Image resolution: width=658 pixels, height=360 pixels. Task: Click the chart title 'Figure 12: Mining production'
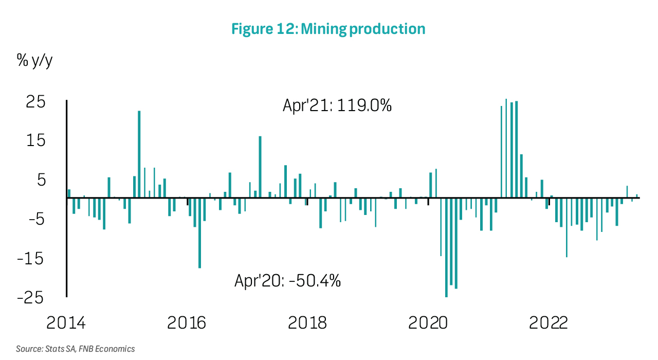[328, 29]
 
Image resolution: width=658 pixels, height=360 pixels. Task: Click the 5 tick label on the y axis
[40, 180]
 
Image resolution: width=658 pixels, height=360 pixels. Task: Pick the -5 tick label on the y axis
[34, 220]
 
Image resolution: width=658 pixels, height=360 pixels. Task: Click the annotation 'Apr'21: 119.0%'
[337, 105]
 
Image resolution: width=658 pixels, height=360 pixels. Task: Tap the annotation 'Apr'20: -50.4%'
[288, 281]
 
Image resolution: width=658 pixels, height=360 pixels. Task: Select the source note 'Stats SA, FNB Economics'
[75, 349]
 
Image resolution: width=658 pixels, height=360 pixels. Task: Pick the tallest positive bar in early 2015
[139, 154]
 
